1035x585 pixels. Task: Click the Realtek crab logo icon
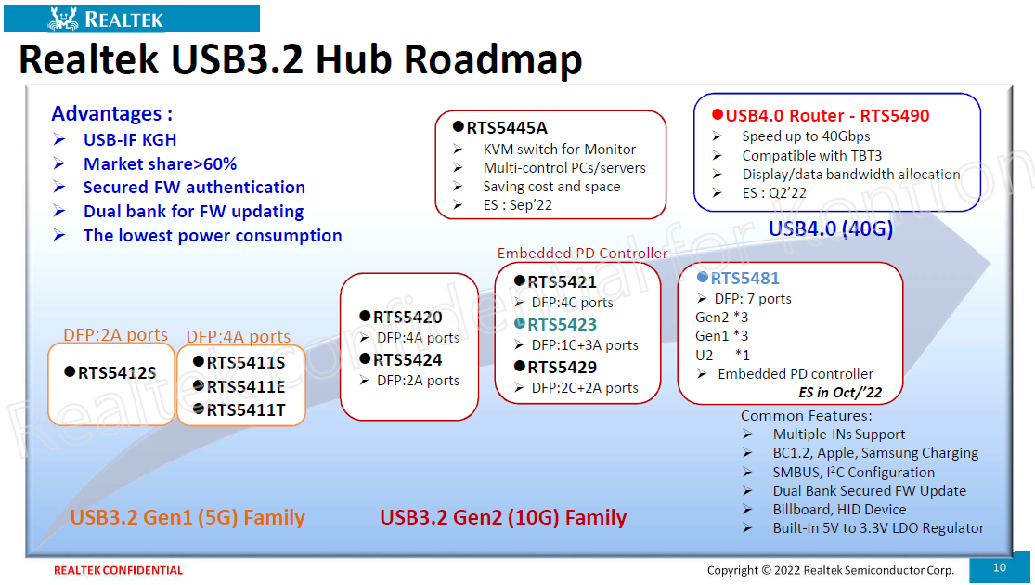pos(63,19)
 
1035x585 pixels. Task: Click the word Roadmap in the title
pos(492,58)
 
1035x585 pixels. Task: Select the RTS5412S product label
pos(117,373)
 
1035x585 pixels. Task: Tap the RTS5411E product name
pos(246,387)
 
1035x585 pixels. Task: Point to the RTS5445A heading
pos(506,127)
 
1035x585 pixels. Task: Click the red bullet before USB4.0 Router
pos(718,115)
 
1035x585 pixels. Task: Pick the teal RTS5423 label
pos(562,324)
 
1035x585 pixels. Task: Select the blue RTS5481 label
pos(744,278)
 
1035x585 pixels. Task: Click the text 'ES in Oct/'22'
pos(840,392)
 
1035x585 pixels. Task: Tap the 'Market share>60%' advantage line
pos(160,163)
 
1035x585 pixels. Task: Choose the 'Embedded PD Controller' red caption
pos(582,253)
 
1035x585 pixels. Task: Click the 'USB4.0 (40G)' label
pos(831,228)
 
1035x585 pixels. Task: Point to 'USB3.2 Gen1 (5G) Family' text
pos(188,517)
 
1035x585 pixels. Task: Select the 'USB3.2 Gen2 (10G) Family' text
pos(503,517)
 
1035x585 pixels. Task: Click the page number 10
pos(1000,567)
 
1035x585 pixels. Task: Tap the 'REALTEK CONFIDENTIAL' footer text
pos(118,570)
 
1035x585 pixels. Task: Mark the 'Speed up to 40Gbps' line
pos(806,136)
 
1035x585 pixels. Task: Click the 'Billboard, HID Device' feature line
pos(840,509)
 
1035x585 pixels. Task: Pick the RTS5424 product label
pos(408,360)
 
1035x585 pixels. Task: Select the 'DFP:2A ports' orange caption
pos(115,335)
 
